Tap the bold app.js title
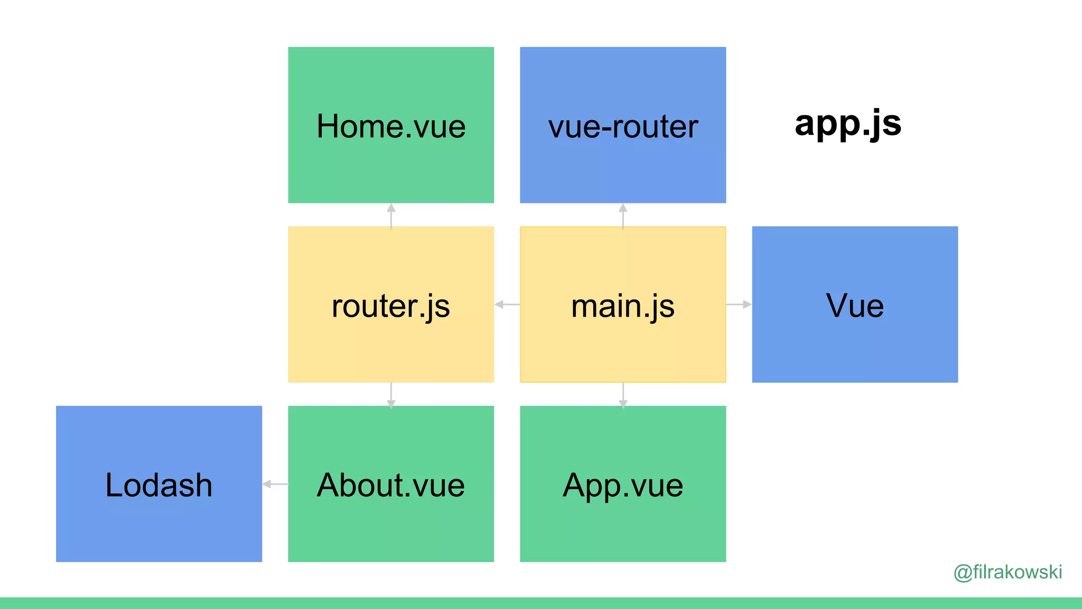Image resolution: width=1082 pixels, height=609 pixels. [x=848, y=124]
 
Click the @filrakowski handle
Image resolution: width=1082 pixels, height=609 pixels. [x=1008, y=572]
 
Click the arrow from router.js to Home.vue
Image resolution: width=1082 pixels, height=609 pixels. [x=391, y=216]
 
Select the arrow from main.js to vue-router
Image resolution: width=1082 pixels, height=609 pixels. [x=623, y=216]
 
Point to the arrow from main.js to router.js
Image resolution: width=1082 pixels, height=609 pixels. [x=507, y=304]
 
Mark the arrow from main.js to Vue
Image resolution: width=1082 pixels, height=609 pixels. [x=739, y=304]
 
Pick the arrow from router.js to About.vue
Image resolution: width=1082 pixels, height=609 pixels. [x=391, y=395]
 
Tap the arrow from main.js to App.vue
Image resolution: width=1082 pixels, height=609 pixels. [x=623, y=395]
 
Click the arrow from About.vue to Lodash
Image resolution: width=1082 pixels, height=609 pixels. [x=275, y=484]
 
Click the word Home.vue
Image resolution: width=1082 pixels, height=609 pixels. [x=391, y=126]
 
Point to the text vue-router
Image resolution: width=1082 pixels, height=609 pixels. [x=623, y=127]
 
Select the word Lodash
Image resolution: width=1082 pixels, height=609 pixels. [x=159, y=485]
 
